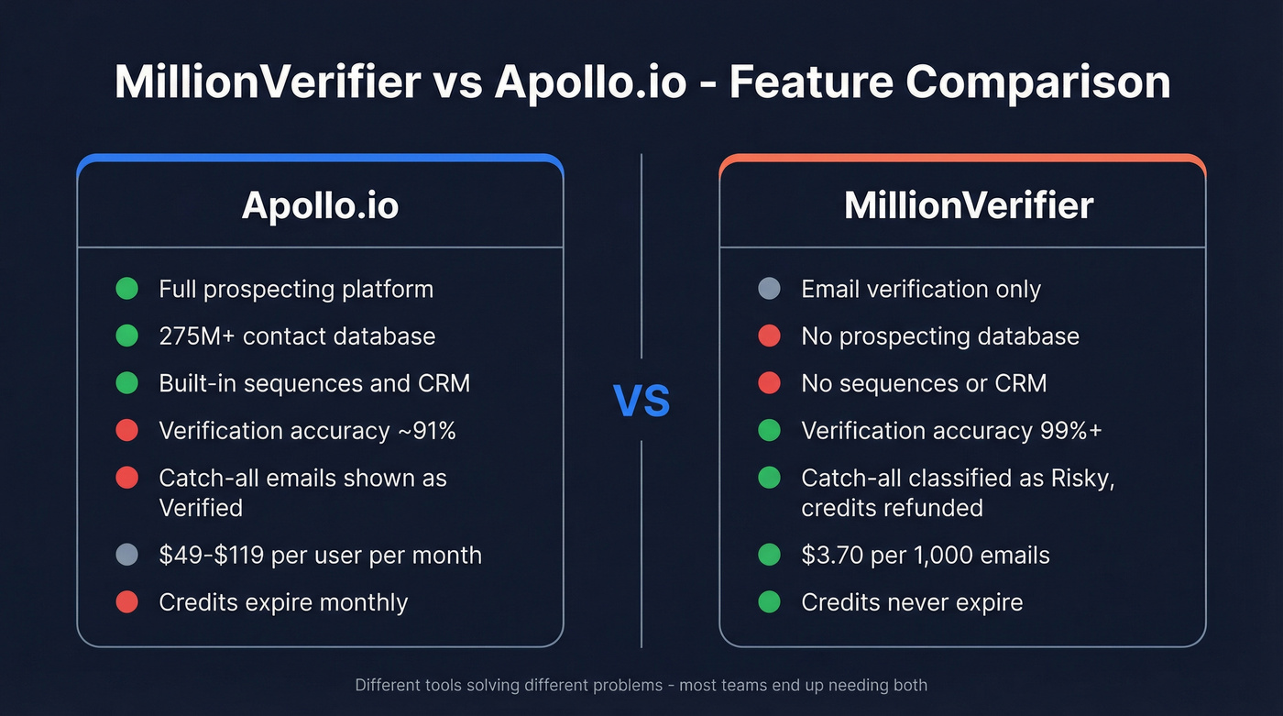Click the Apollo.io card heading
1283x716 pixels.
(320, 205)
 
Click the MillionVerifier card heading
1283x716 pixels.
(968, 205)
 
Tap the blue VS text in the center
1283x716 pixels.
(641, 401)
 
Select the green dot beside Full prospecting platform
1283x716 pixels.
(127, 289)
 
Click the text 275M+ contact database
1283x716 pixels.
(297, 336)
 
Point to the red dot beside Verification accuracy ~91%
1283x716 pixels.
(127, 430)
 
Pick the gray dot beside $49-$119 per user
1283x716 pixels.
(127, 555)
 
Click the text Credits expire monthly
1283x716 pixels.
(283, 602)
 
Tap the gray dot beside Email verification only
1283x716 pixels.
(770, 289)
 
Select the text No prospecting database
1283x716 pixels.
(940, 336)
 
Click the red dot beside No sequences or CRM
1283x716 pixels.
(770, 383)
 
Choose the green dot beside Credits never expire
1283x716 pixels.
(770, 602)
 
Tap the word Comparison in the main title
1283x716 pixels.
(1037, 83)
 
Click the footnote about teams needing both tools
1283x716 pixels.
(641, 685)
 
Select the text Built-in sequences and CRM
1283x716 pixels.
(314, 383)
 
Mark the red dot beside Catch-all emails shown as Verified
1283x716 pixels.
(127, 478)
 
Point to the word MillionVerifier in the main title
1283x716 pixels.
(268, 83)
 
